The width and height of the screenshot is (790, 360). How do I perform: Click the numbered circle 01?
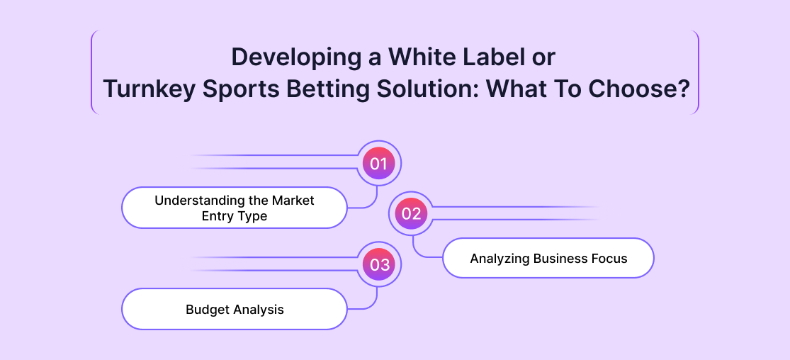pos(378,164)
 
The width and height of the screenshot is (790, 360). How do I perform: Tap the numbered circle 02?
pos(411,214)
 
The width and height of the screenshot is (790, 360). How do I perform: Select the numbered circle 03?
pos(378,265)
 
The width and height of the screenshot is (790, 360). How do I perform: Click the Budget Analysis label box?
pos(235,309)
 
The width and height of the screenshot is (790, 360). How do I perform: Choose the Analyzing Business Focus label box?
pos(548,258)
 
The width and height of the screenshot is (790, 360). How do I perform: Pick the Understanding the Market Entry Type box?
pos(235,208)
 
